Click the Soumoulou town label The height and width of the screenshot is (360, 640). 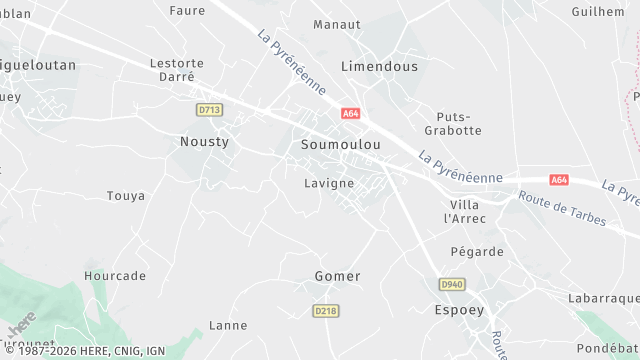[x=340, y=145]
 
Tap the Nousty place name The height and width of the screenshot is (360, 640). [x=204, y=142]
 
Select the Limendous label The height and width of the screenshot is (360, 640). [x=379, y=66]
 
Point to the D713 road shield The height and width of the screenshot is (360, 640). [x=208, y=109]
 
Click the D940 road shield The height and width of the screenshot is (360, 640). [x=452, y=285]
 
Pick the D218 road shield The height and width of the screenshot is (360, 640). [x=326, y=311]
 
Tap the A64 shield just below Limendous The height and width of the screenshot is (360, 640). [x=350, y=114]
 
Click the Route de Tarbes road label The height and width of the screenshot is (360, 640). [x=562, y=209]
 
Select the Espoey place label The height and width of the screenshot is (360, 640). [x=459, y=310]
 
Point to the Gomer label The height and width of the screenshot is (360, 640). [x=337, y=276]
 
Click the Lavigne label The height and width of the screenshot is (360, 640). [x=329, y=184]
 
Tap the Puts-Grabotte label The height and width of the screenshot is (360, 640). [x=460, y=123]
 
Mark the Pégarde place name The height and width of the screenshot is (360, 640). [x=477, y=252]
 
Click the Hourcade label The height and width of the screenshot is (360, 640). [x=115, y=276]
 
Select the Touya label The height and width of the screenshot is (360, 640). [x=126, y=196]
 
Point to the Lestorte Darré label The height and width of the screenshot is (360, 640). [x=177, y=70]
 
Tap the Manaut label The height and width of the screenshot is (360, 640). [x=336, y=24]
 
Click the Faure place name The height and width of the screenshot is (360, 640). [x=187, y=11]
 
